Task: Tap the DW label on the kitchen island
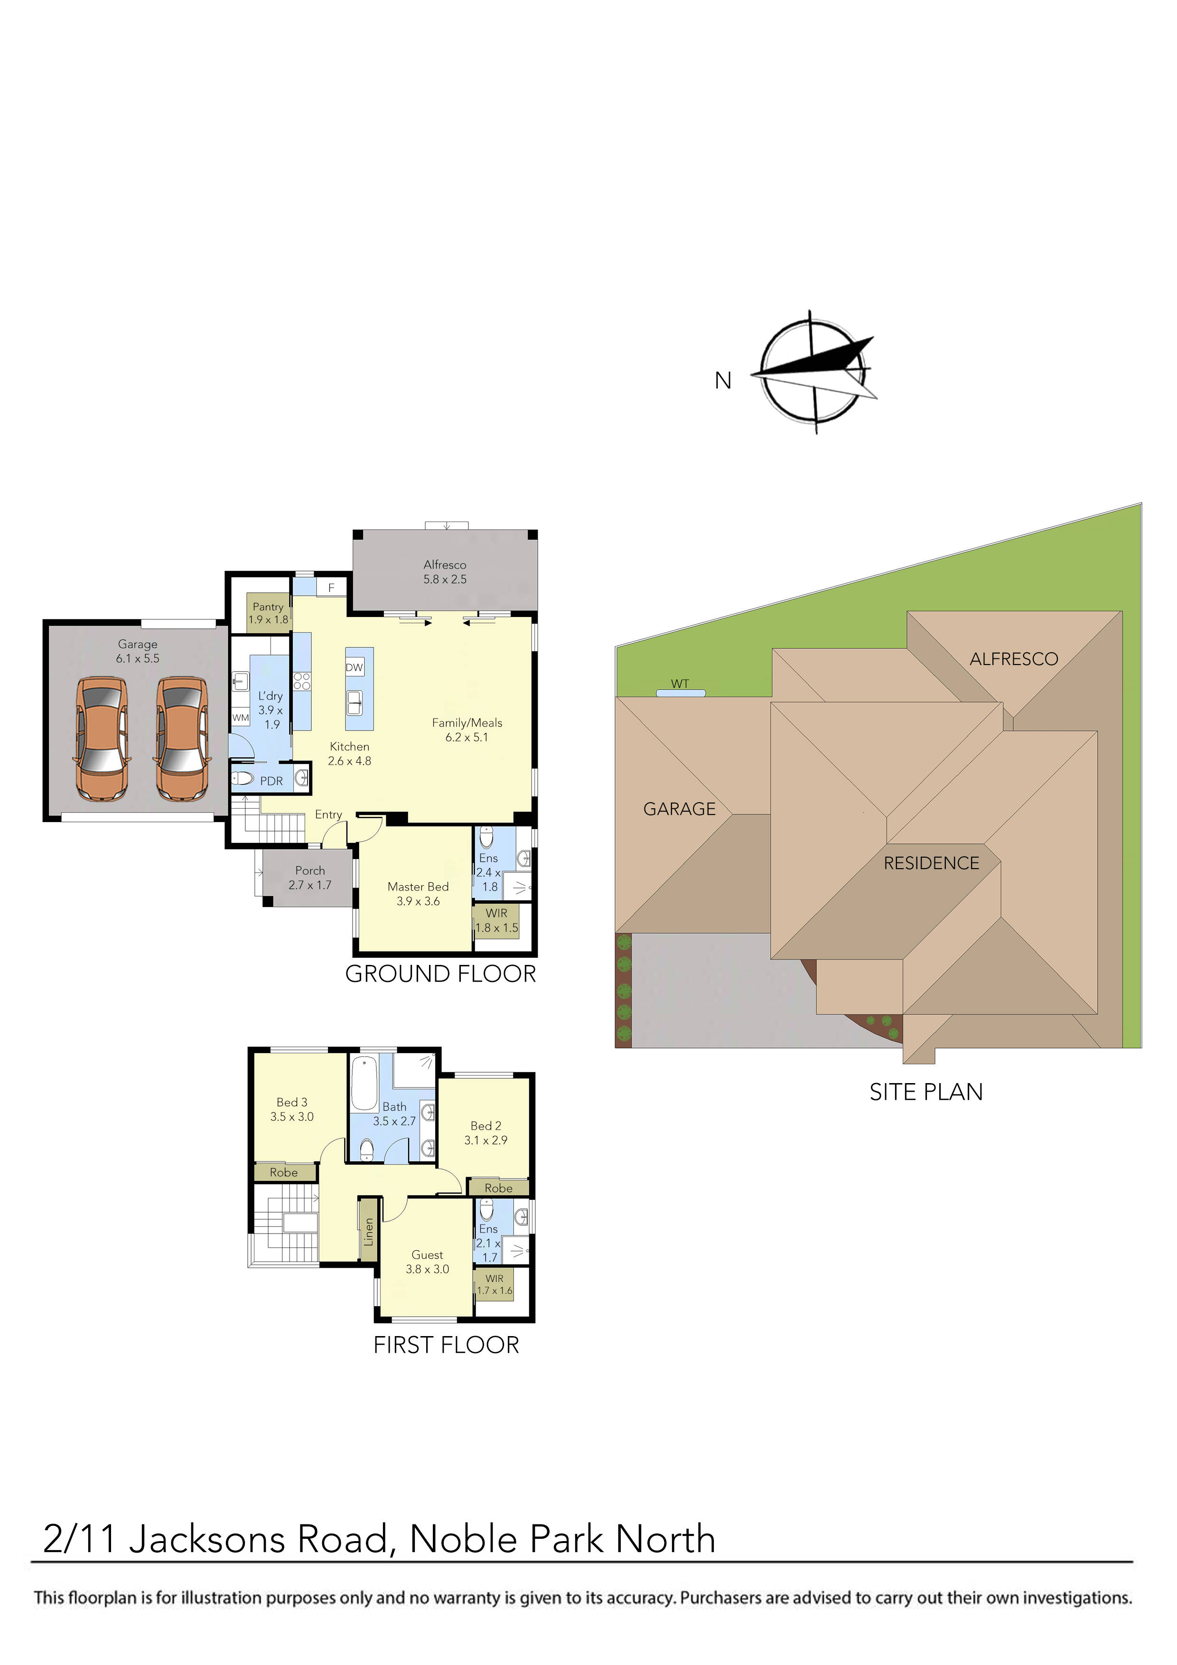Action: (354, 667)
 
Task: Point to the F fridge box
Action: (331, 588)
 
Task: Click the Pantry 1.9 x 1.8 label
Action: (268, 613)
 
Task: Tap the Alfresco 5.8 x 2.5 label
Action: (445, 571)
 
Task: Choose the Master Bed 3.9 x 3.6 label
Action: (418, 893)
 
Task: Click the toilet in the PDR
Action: (243, 779)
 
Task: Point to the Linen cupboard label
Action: (368, 1231)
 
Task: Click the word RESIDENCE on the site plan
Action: (931, 863)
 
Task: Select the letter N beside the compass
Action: (723, 380)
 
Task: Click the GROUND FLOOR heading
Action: (440, 974)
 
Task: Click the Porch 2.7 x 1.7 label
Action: (309, 878)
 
